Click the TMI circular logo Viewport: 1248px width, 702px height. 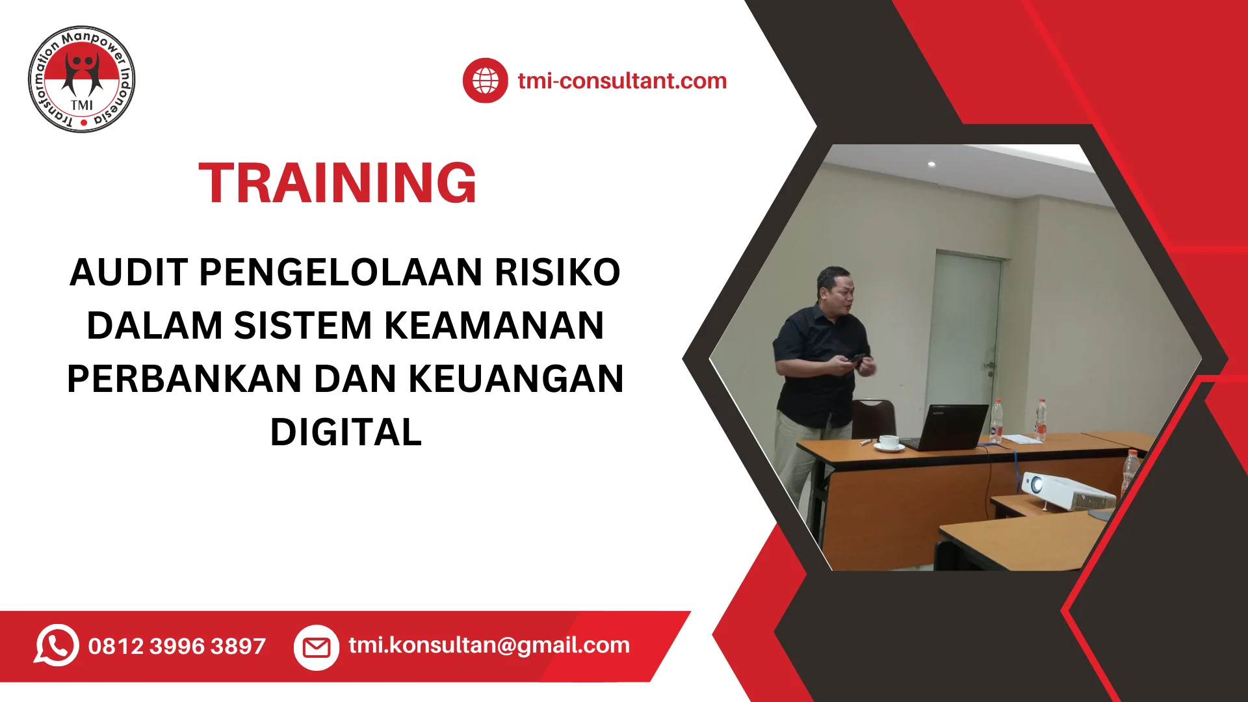[x=82, y=79]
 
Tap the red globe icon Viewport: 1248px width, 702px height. [x=485, y=81]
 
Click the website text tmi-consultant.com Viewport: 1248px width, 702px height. [x=622, y=81]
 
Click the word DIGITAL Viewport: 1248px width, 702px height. [x=346, y=432]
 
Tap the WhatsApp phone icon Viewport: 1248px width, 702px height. [x=57, y=645]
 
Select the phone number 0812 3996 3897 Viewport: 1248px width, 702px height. [x=177, y=646]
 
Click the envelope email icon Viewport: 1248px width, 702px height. [x=317, y=647]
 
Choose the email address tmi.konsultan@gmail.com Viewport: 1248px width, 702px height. [x=489, y=645]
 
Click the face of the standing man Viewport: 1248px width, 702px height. [x=837, y=293]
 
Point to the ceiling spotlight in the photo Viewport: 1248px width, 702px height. [x=931, y=164]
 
